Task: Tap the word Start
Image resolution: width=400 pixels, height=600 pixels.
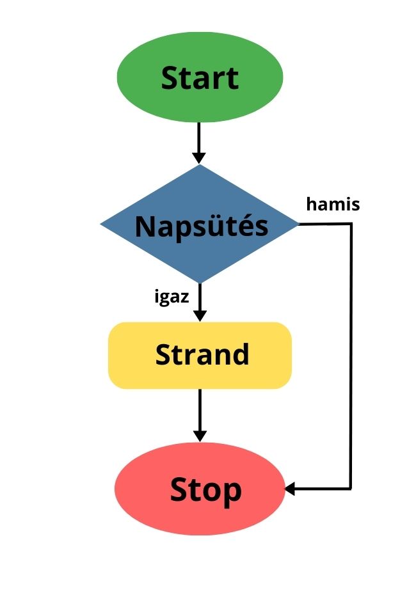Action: click(200, 78)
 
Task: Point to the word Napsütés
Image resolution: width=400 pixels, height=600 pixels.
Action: click(202, 226)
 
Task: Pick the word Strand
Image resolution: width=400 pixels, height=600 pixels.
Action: click(202, 354)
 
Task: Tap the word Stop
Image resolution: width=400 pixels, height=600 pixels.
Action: click(205, 491)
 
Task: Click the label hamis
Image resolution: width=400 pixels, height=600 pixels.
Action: click(333, 205)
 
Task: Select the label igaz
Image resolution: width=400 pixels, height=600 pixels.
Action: click(171, 297)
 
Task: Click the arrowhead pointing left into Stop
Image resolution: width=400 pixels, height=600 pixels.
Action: click(290, 489)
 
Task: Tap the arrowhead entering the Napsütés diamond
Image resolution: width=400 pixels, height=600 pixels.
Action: click(199, 157)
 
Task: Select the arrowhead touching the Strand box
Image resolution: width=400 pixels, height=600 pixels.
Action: click(200, 315)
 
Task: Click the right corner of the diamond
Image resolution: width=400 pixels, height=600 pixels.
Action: click(298, 224)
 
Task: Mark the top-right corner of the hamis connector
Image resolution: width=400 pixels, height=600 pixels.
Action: click(351, 224)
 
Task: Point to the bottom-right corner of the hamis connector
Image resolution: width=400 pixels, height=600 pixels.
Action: click(351, 489)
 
